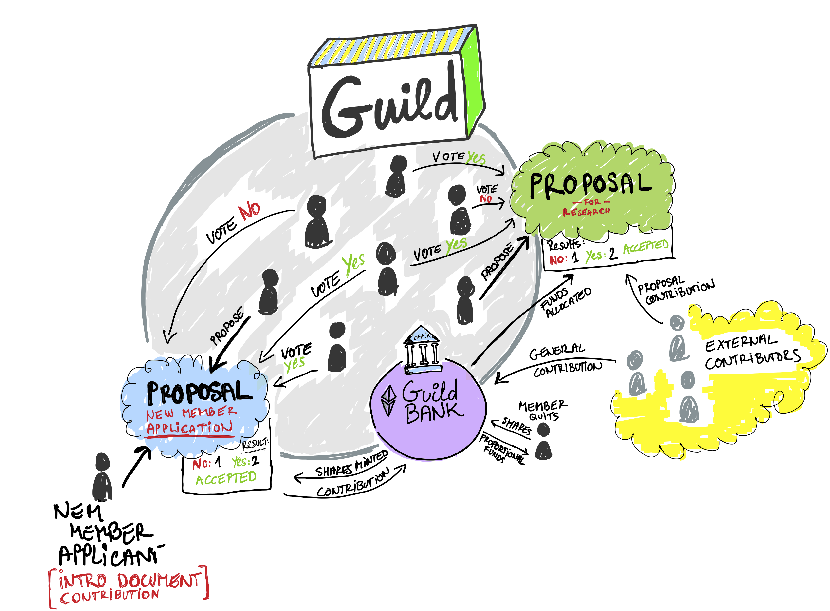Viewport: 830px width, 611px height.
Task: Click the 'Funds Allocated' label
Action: tap(565, 301)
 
